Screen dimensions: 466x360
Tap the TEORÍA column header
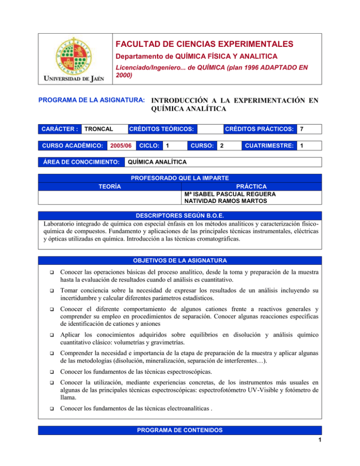click(109, 187)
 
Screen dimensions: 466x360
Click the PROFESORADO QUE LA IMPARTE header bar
click(180, 178)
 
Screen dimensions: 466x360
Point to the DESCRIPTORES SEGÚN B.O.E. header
click(180, 216)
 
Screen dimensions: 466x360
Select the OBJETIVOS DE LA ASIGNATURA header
click(180, 261)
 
